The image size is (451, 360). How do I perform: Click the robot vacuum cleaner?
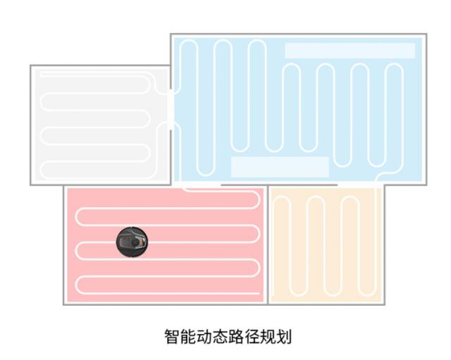tap(132, 242)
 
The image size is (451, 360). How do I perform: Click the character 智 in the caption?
tap(172, 337)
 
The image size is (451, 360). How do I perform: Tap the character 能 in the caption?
tap(188, 337)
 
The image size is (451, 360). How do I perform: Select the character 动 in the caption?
tap(204, 337)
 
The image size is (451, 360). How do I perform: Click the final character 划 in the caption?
tap(284, 337)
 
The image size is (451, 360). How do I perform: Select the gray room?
tap(101, 125)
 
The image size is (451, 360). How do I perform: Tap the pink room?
tap(166, 245)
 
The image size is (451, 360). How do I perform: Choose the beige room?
tap(326, 245)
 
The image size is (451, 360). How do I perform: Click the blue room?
tap(299, 109)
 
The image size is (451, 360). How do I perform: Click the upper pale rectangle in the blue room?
tap(350, 51)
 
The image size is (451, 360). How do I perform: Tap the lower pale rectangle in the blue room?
tap(280, 167)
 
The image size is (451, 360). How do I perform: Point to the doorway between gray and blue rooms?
tap(171, 110)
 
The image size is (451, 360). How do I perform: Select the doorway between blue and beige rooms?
tap(360, 184)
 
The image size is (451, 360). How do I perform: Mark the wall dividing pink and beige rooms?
tap(268, 245)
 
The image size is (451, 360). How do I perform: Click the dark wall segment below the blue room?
tap(279, 185)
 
